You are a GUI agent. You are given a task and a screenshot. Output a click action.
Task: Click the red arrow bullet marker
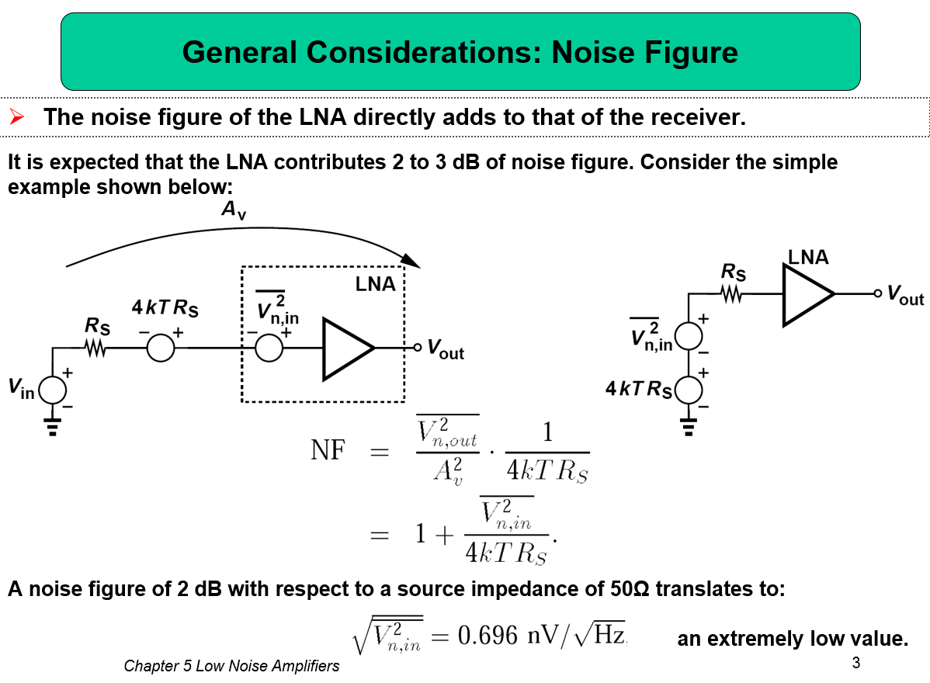pos(16,116)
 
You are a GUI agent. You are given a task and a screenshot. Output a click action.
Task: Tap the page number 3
pos(855,663)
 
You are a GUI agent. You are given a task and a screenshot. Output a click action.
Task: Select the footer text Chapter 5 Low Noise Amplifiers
pos(231,666)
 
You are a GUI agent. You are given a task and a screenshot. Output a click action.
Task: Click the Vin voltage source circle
pos(53,390)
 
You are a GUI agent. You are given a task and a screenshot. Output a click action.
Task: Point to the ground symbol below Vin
pos(53,427)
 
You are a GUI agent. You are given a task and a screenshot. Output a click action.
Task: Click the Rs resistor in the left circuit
pos(95,348)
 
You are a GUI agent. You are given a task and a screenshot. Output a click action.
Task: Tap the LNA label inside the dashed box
pos(375,284)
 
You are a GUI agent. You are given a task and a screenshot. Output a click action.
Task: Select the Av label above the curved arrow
pos(233,210)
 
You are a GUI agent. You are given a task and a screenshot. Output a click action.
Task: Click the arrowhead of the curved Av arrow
pos(411,261)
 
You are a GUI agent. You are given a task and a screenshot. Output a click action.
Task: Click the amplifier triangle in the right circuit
pos(808,294)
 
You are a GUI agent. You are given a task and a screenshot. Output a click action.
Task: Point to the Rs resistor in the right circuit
pos(732,293)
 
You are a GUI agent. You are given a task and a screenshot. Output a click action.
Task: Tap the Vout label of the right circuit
pos(905,294)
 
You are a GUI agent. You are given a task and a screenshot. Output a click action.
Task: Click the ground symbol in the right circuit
pos(689,427)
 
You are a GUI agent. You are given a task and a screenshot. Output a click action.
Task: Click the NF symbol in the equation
pos(328,450)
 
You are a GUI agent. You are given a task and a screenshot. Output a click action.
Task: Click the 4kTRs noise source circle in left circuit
pos(161,348)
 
